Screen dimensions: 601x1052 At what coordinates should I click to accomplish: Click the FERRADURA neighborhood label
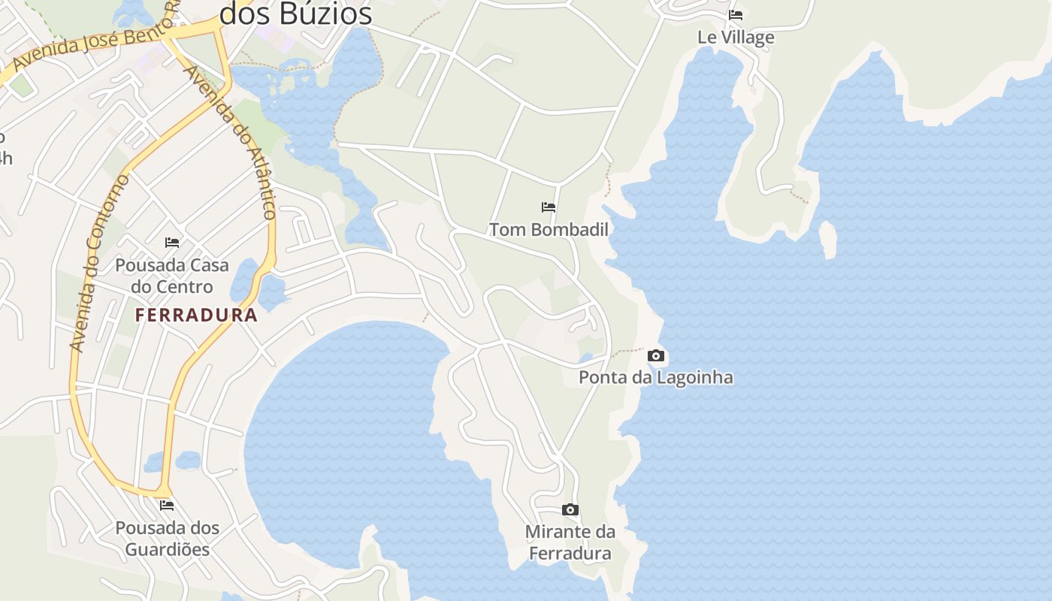196,316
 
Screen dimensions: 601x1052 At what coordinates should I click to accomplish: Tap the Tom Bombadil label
549,230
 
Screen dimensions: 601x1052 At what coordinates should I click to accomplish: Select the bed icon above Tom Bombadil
549,207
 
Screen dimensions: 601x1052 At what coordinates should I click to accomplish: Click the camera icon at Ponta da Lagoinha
656,356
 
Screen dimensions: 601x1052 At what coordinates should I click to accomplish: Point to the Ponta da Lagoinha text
655,377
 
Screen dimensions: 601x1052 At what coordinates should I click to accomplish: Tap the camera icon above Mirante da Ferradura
570,510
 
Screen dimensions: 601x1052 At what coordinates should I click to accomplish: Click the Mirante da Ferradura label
570,542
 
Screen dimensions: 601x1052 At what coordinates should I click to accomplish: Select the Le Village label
736,38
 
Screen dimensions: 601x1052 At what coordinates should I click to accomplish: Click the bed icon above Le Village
736,15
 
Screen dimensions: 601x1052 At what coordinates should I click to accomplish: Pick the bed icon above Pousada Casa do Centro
172,242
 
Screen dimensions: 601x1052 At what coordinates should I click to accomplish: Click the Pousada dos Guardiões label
168,539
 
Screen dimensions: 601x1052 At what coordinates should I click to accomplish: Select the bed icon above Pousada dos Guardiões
167,506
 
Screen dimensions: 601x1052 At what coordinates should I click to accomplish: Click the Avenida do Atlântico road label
230,142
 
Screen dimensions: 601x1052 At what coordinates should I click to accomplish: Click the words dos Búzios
295,14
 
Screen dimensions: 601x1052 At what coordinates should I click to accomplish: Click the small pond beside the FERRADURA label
244,279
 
